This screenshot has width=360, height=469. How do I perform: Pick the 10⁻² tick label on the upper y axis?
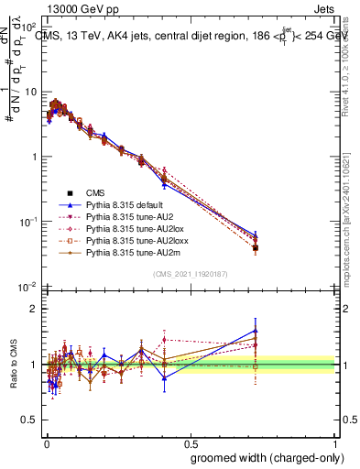29,286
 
